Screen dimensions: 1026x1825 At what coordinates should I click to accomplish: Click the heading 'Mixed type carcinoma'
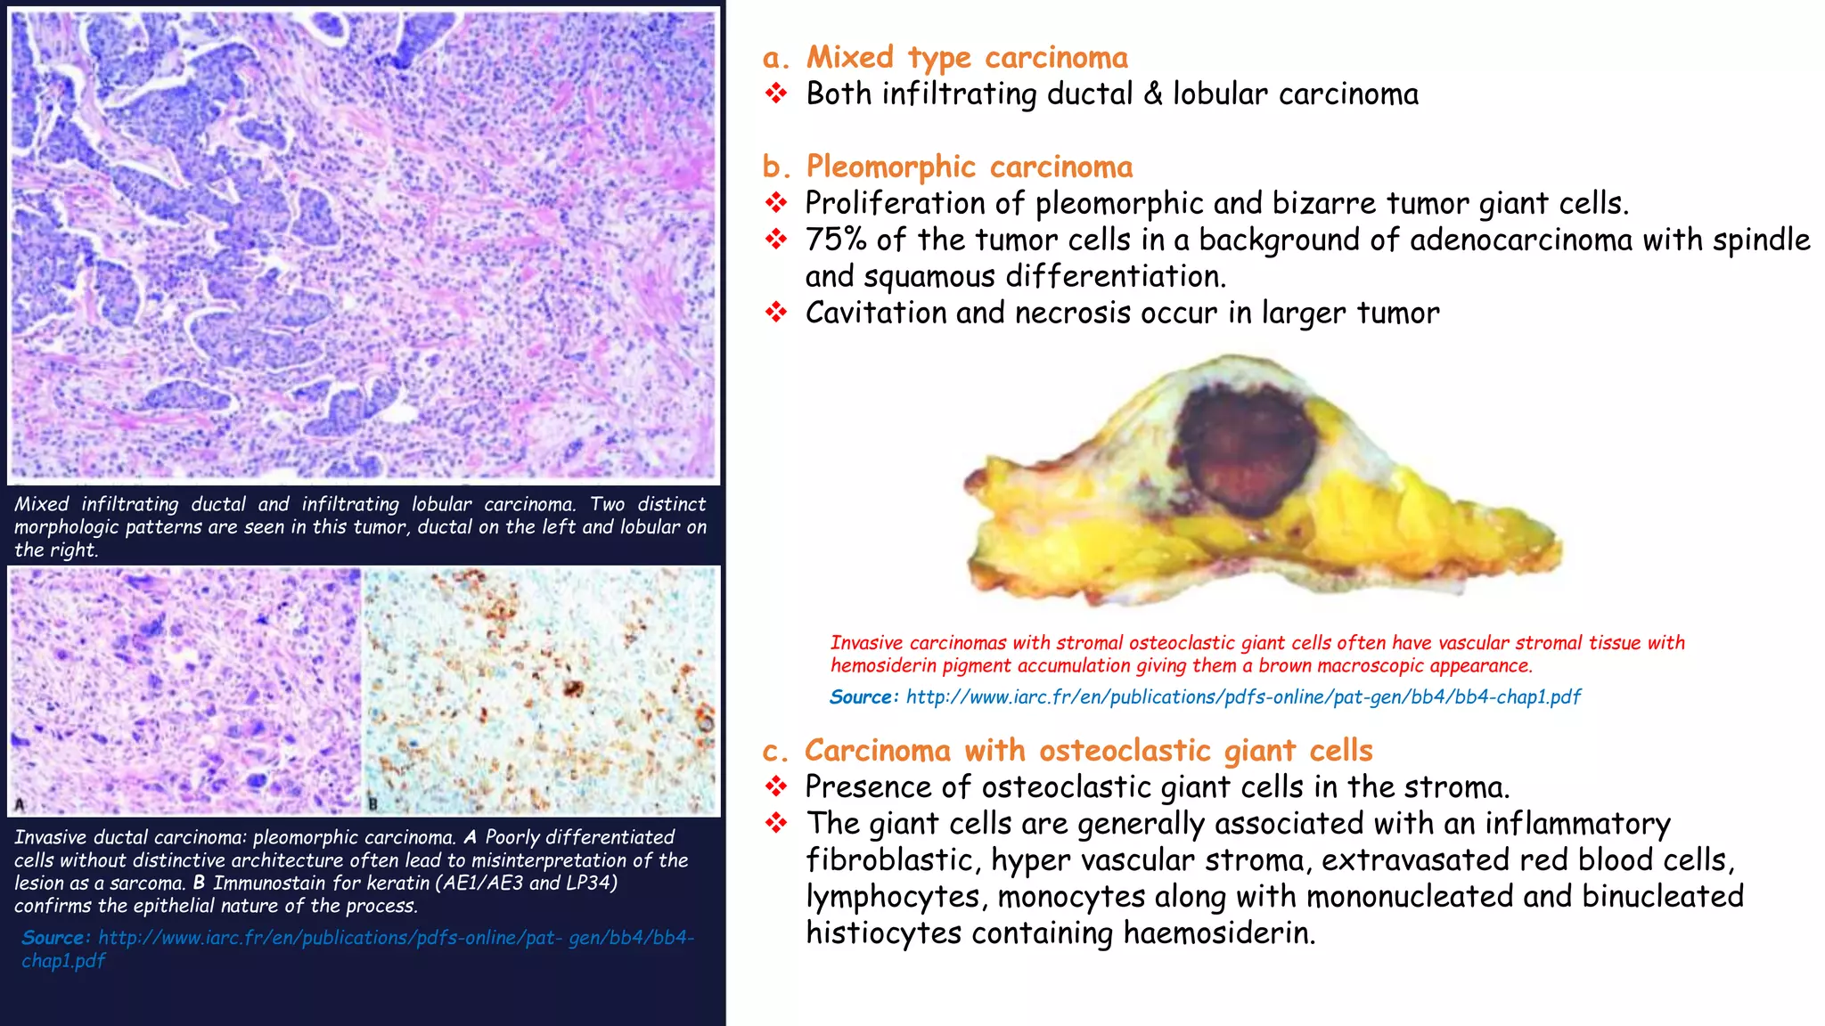[967, 58]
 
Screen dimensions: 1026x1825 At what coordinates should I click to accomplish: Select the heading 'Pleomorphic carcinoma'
[969, 167]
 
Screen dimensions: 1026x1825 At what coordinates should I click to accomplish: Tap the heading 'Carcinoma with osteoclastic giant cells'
[1088, 751]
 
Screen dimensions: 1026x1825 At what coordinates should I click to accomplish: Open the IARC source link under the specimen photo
[1243, 697]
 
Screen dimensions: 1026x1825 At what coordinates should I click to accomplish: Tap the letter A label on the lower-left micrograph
[19, 804]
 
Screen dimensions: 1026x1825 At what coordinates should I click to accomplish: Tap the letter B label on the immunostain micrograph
[373, 804]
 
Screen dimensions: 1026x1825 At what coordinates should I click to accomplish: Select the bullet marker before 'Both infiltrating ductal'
[776, 94]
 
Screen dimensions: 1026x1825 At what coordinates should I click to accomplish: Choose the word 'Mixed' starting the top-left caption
[41, 504]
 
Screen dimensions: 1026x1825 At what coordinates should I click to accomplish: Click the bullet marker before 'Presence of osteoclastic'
[776, 787]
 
